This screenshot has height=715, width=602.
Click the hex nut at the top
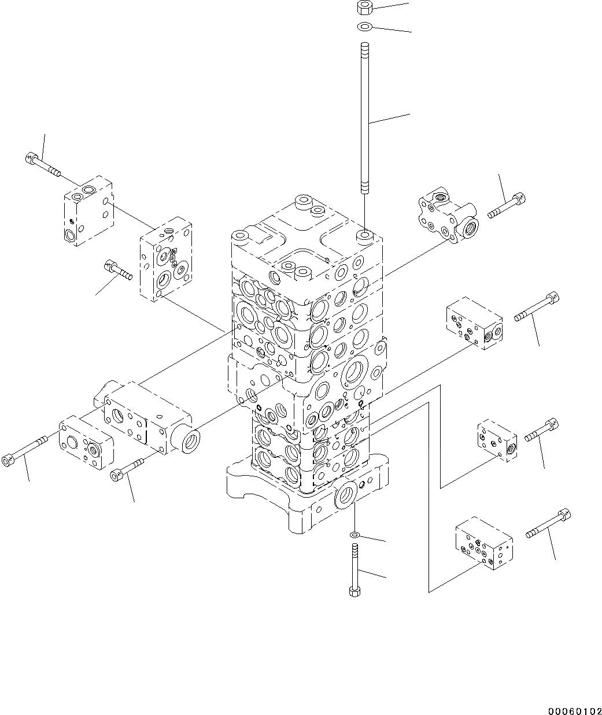click(364, 8)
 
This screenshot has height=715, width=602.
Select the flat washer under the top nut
click(364, 26)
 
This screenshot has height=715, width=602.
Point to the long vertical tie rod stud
click(364, 117)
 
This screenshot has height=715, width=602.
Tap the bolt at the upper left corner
click(43, 165)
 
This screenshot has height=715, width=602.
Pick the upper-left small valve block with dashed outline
click(88, 212)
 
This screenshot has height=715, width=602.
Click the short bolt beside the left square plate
click(118, 270)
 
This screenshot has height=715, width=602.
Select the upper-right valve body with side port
click(448, 216)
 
